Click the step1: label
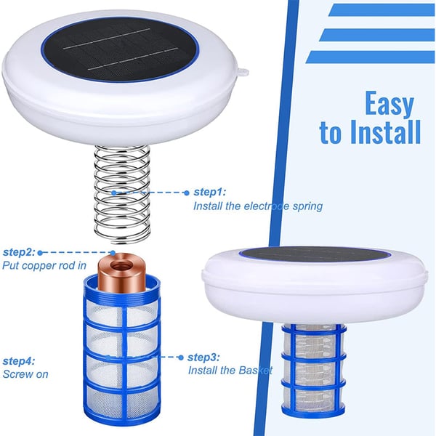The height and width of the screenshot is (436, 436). (x=209, y=193)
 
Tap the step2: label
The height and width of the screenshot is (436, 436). (x=18, y=251)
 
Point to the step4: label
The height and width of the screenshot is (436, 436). (x=18, y=361)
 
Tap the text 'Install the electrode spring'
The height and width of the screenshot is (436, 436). (x=257, y=206)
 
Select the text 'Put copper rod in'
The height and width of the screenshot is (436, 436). (x=44, y=266)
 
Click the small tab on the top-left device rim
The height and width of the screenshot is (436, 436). (x=243, y=72)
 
